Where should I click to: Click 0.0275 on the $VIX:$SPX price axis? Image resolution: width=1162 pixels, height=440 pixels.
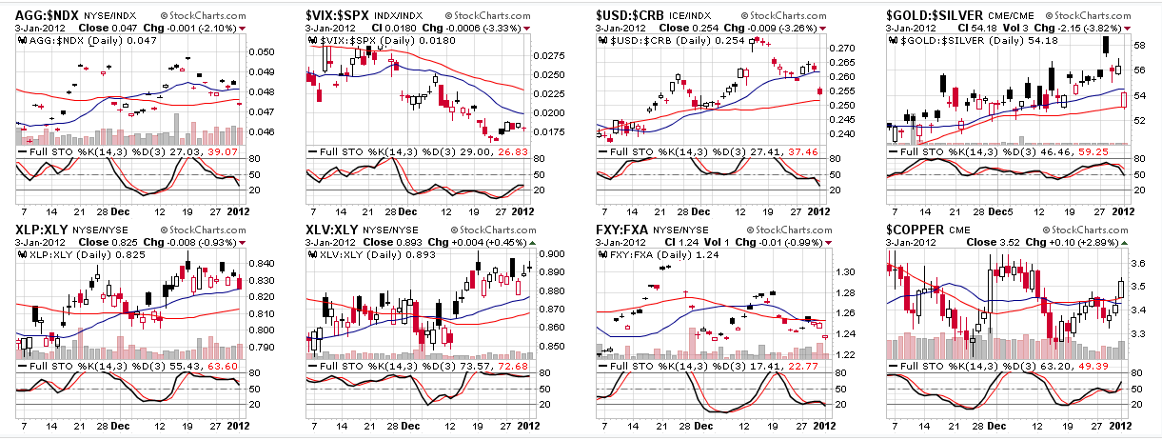coord(554,57)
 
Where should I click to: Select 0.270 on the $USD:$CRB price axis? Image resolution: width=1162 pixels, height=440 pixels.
coord(845,48)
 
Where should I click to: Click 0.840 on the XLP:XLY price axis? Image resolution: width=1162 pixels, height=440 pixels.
coord(263,265)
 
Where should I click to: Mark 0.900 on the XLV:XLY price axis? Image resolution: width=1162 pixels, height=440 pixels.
coord(554,254)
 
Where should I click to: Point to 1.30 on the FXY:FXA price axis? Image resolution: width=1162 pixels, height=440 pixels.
coord(842,272)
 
